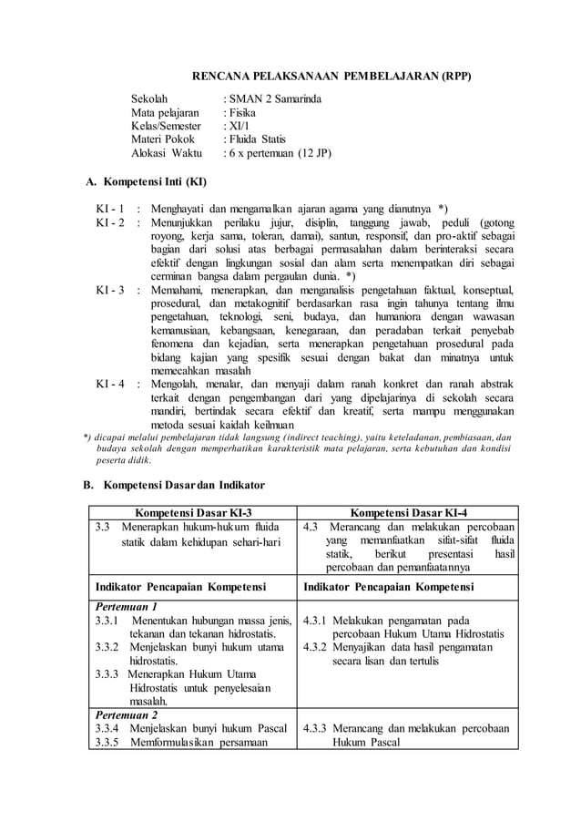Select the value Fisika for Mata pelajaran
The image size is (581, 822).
tap(241, 112)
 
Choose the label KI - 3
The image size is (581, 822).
tap(110, 289)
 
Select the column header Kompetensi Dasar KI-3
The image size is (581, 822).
tap(193, 512)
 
